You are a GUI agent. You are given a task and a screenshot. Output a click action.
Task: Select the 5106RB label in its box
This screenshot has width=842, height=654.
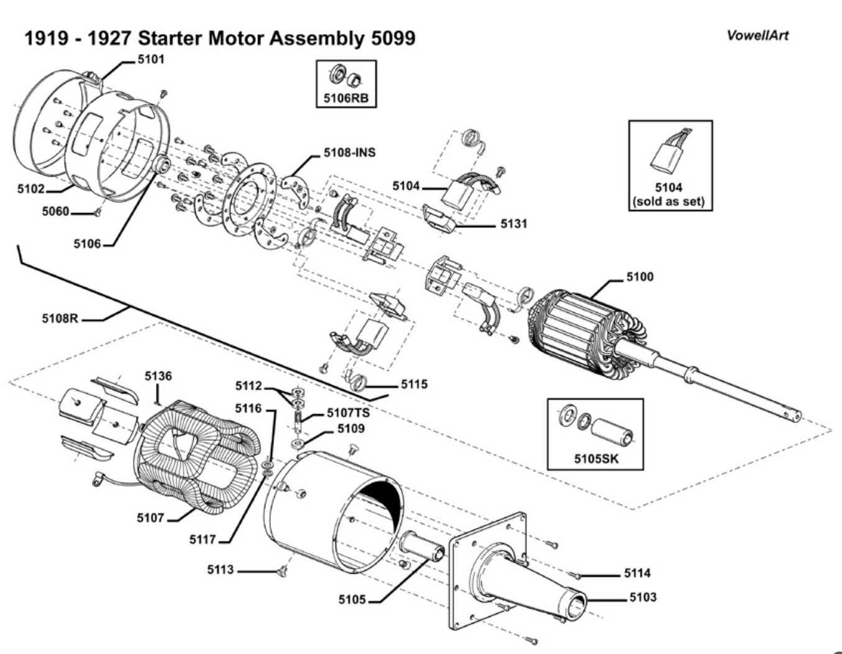pyautogui.click(x=346, y=98)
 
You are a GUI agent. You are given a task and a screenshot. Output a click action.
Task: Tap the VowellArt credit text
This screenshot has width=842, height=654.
pyautogui.click(x=757, y=35)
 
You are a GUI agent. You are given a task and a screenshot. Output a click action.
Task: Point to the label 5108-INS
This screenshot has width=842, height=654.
pyautogui.click(x=349, y=152)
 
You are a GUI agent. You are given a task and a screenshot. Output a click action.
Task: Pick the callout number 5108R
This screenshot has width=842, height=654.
pyautogui.click(x=60, y=319)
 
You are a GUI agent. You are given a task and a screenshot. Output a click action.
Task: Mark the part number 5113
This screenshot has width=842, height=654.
pyautogui.click(x=220, y=570)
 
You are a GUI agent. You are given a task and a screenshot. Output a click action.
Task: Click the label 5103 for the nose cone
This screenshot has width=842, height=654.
pyautogui.click(x=643, y=597)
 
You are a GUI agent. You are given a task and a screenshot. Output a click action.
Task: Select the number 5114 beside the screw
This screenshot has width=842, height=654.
pyautogui.click(x=638, y=573)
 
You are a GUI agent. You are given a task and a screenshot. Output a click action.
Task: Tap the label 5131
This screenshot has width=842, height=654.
pyautogui.click(x=513, y=224)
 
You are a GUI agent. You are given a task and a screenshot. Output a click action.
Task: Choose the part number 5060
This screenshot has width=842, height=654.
pyautogui.click(x=55, y=212)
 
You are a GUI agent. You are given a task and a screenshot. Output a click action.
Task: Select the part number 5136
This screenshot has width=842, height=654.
pyautogui.click(x=158, y=376)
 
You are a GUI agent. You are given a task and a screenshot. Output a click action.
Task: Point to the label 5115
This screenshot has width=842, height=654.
pyautogui.click(x=414, y=384)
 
